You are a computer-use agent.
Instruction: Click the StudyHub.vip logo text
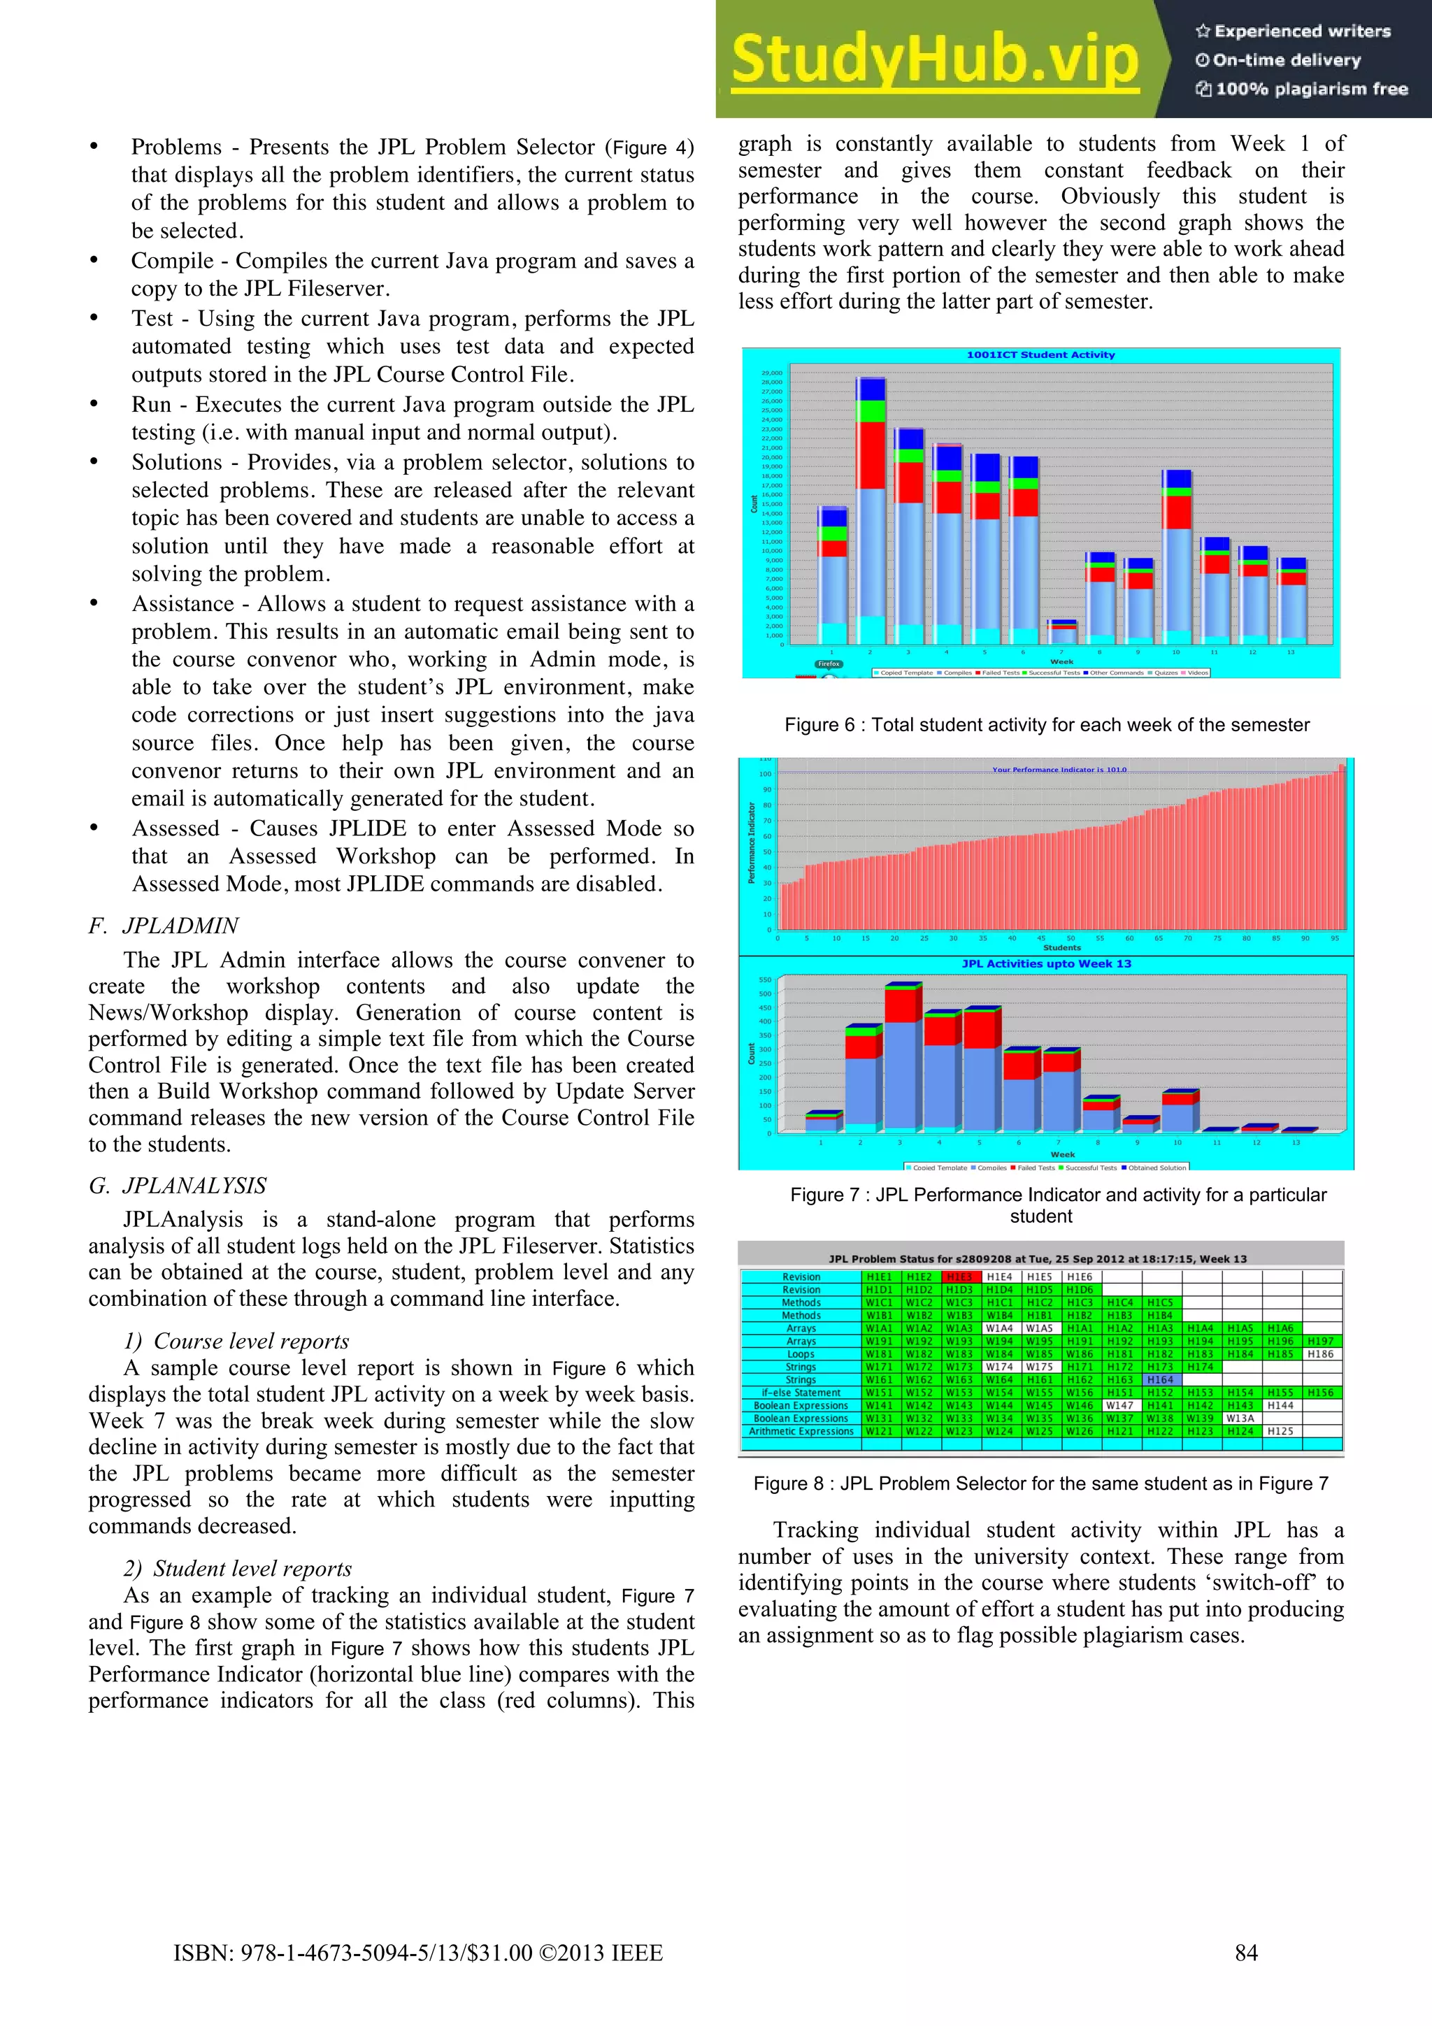936,59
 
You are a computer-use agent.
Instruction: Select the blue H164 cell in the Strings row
1160,1379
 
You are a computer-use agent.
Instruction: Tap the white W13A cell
1239,1418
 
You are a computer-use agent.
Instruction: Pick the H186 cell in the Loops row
1320,1353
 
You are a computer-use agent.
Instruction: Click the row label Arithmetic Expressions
801,1431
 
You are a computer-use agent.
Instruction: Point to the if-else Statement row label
801,1393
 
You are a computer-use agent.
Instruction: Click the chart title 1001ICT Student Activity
1040,354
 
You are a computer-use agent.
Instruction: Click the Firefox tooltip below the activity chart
829,663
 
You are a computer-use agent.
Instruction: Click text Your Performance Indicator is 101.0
1059,770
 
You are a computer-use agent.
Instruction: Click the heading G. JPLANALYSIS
178,1185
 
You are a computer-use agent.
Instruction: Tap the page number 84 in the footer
1246,1953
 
